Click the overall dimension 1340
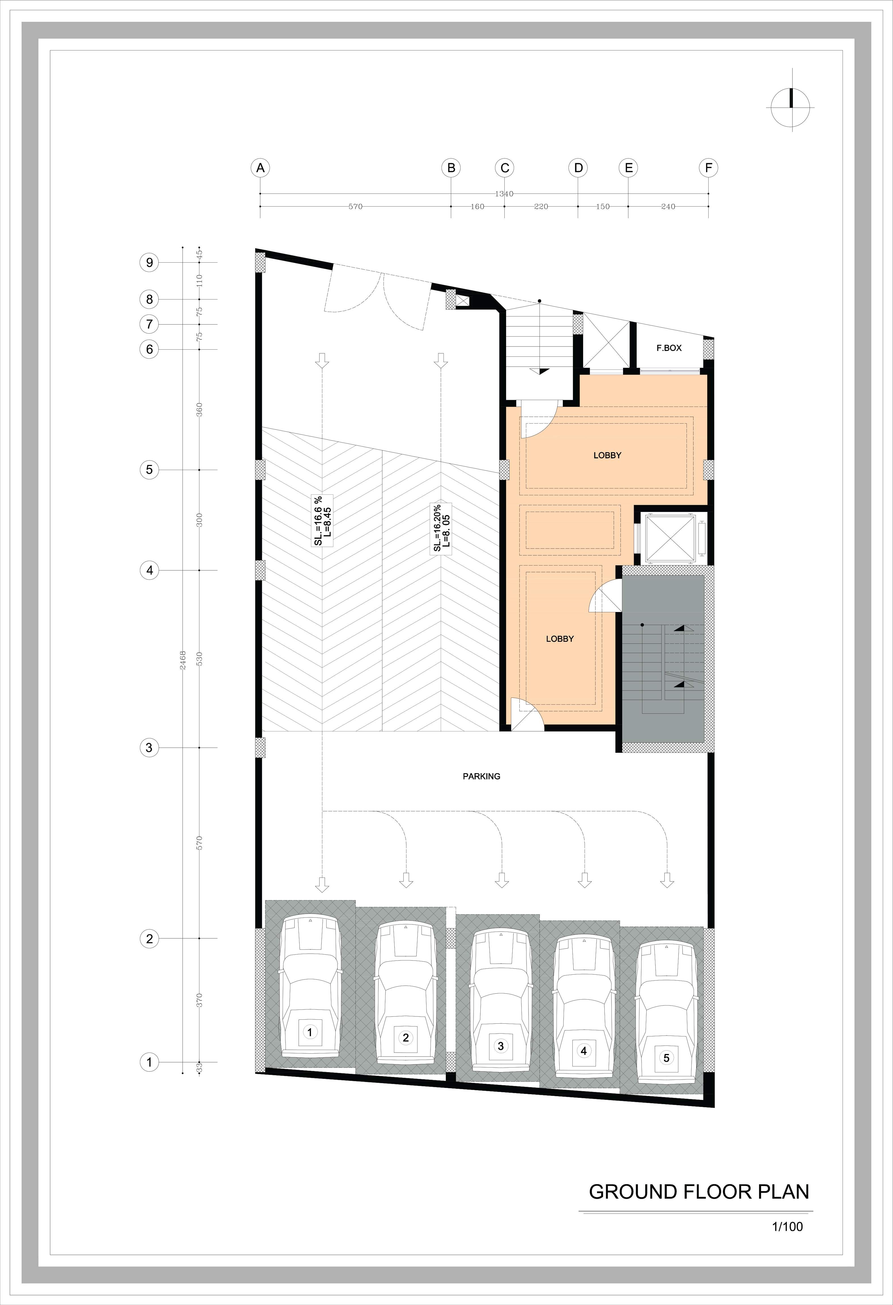pos(504,194)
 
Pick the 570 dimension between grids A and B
pos(355,207)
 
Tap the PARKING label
pos(481,776)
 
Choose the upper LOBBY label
pos(607,455)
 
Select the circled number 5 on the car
pos(666,1058)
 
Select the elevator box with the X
pos(670,538)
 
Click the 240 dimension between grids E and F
pos(668,207)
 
